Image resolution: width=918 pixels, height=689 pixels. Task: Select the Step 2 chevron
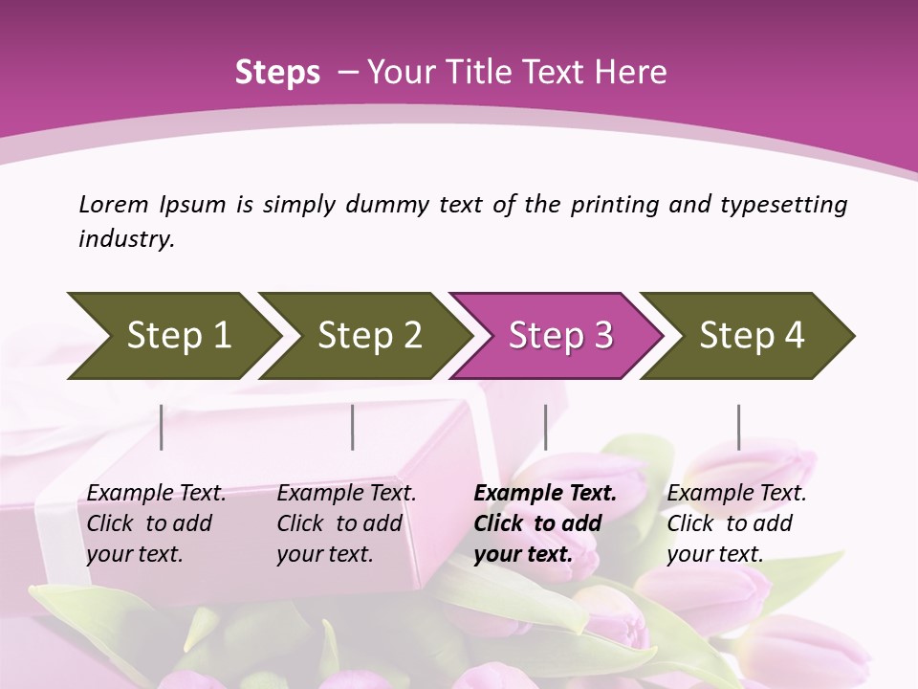369,336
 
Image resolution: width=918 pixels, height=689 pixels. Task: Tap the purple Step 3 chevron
560,336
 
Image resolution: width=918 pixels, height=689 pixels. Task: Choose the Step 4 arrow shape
752,336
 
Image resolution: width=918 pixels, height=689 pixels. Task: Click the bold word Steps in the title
277,72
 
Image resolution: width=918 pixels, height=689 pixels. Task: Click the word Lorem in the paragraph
114,204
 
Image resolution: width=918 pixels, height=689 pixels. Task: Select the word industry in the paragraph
125,239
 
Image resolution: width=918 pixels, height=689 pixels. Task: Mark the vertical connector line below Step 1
162,427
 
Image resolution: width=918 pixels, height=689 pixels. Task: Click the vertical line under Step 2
353,427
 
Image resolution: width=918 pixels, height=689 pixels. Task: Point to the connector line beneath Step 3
545,427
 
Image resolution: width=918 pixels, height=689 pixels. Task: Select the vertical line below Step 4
738,427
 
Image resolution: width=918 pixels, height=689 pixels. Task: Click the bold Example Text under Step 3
545,493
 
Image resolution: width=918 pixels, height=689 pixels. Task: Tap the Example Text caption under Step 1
156,493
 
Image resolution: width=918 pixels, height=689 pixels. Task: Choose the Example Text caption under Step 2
346,493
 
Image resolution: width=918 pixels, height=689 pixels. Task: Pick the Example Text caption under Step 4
736,493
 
